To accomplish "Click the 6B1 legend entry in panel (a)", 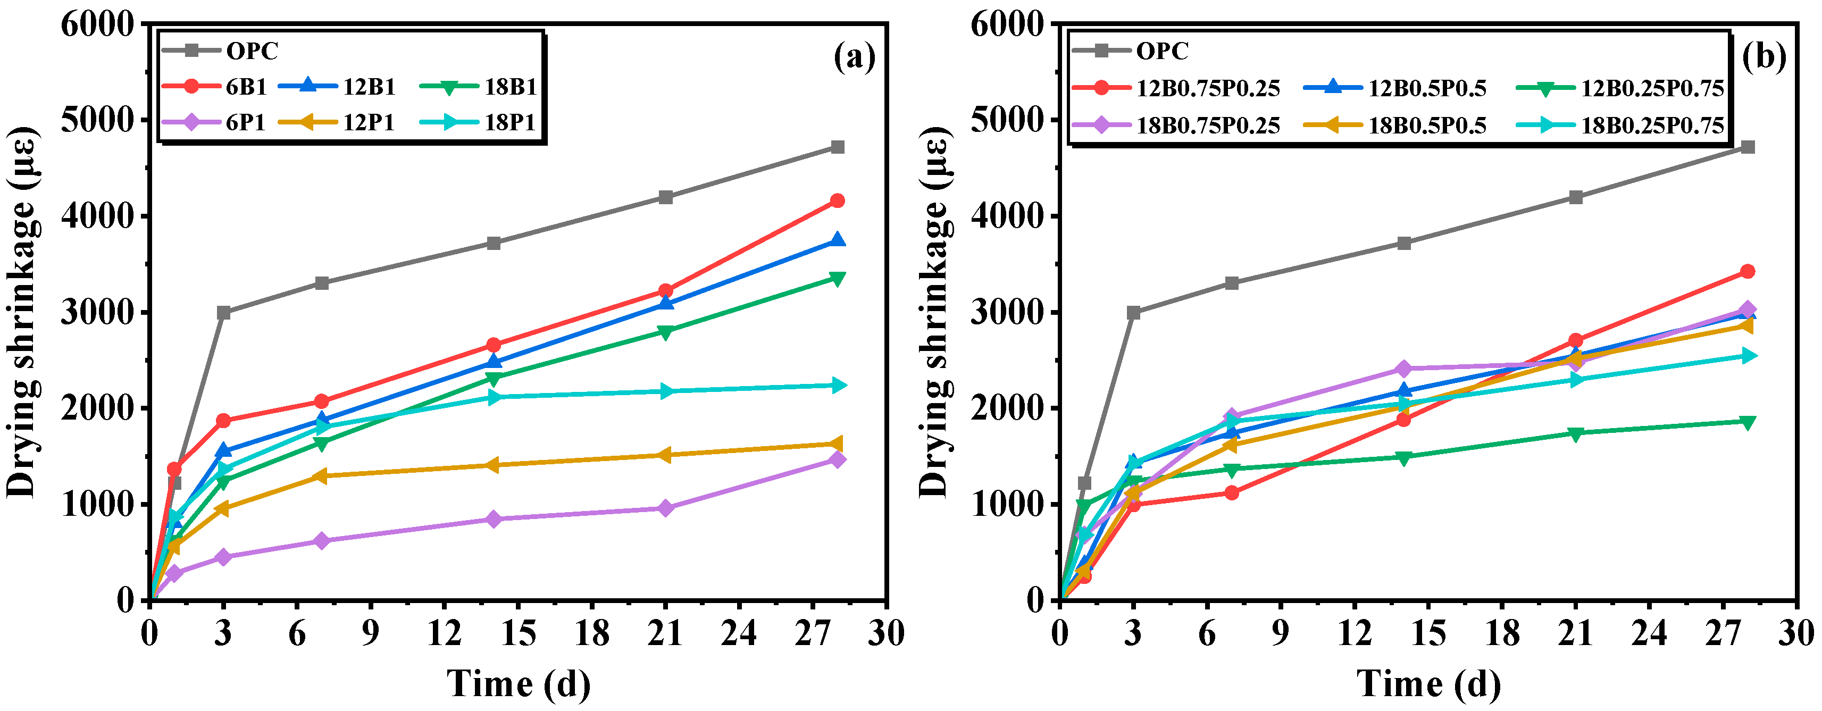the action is coord(214,86).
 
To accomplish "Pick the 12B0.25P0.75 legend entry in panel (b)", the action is coord(1620,88).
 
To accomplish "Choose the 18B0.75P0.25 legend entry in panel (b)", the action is coord(1175,125).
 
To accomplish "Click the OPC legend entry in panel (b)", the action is coord(1130,50).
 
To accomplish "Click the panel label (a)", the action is coord(855,56).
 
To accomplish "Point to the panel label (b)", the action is coord(1764,56).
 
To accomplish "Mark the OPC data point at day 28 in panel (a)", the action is coord(838,147).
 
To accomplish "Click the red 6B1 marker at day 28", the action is coord(838,201).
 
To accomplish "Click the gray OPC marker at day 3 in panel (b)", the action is coord(1134,313).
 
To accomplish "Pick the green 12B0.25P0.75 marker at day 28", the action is coord(1748,422).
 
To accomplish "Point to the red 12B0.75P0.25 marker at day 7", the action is coord(1231,493).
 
